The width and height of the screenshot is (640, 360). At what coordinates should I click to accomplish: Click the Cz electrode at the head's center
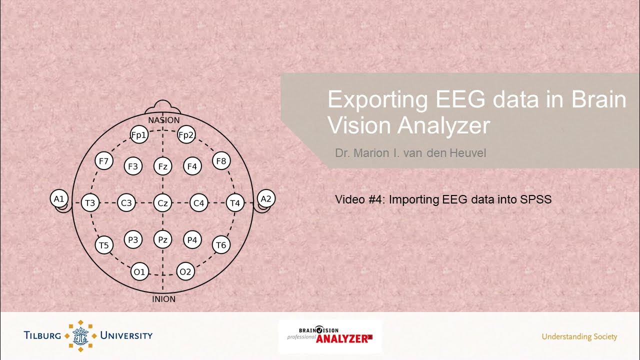pos(162,203)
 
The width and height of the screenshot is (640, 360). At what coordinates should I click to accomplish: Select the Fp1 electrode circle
pos(139,135)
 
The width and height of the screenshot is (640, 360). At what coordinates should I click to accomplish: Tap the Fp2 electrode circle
pos(186,135)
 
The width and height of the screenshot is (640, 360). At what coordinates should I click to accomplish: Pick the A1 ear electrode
pos(59,199)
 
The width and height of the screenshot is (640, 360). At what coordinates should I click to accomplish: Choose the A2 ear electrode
pos(266,199)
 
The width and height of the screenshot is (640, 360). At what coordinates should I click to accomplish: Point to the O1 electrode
pos(139,272)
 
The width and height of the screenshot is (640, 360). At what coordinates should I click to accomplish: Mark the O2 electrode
pos(185,272)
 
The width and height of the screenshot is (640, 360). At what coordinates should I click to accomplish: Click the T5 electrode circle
pos(103,245)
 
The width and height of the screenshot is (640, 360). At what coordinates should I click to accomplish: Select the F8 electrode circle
pos(221,161)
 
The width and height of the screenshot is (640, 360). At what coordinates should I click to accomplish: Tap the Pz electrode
pos(162,240)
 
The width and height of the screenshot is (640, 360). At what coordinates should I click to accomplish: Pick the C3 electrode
pos(126,203)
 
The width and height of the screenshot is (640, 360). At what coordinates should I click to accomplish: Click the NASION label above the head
pos(163,120)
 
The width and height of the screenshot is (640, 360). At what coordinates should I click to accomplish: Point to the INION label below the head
pos(163,299)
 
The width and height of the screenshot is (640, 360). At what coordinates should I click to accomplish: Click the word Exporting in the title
pos(377,99)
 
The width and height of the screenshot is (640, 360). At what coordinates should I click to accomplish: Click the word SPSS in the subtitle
pos(535,199)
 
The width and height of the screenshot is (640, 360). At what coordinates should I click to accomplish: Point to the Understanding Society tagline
pos(579,336)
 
